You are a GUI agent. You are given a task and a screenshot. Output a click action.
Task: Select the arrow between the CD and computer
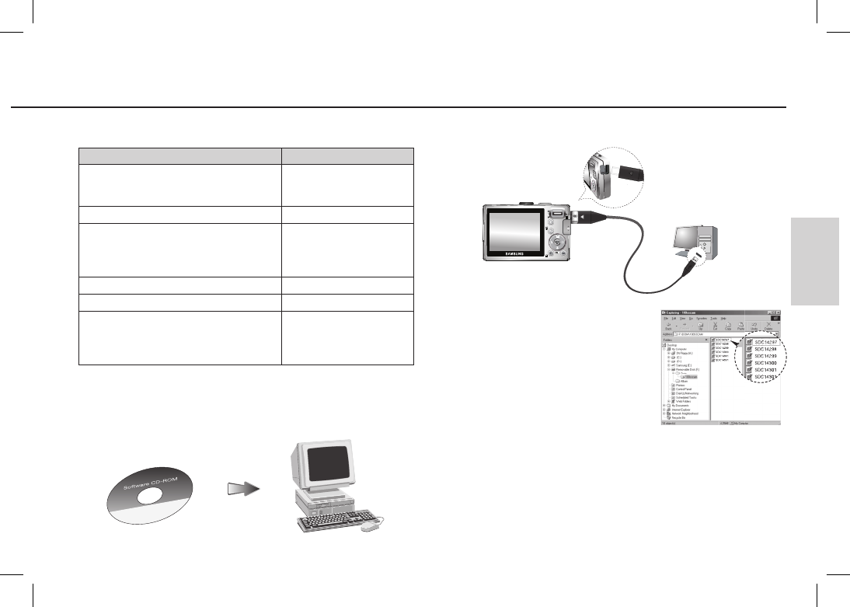coord(242,489)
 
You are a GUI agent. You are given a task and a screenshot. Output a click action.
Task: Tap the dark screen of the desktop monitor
coord(326,463)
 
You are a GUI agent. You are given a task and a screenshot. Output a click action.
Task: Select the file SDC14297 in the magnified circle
coord(765,341)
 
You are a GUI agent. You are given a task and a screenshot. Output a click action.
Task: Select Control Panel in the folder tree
coord(685,389)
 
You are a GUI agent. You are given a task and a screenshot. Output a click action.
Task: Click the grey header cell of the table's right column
coord(347,154)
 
